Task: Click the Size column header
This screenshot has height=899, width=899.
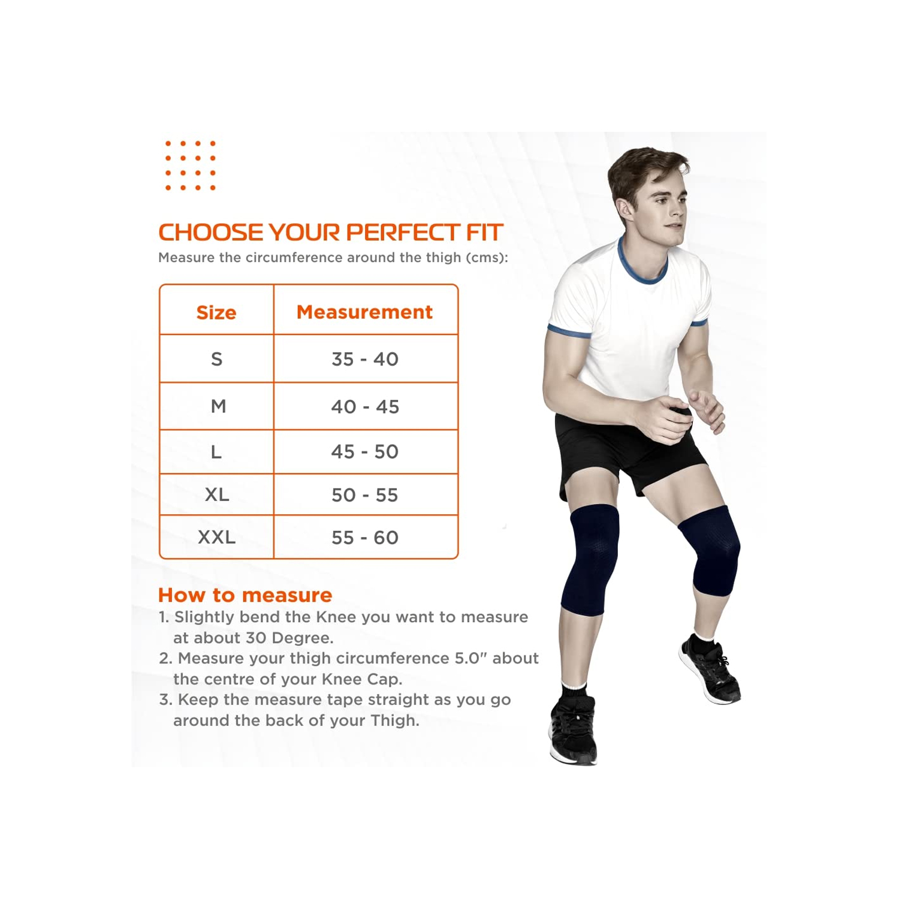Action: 216,312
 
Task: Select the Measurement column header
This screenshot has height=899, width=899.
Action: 364,312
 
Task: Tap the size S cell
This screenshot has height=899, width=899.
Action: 216,359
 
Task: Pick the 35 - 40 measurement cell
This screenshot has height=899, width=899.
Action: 365,359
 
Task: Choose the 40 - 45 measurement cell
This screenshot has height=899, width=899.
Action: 365,406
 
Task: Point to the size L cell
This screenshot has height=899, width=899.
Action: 216,451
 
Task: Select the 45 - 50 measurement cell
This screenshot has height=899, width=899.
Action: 365,451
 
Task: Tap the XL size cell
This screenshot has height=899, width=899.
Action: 217,494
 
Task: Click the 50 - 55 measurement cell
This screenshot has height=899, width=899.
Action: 365,494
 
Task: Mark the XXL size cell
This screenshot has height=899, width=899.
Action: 217,537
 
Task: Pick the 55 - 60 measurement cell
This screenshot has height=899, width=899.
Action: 365,537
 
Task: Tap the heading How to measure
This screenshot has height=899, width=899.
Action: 245,595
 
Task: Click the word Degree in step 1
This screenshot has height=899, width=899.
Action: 304,638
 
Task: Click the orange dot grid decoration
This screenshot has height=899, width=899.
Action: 190,165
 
